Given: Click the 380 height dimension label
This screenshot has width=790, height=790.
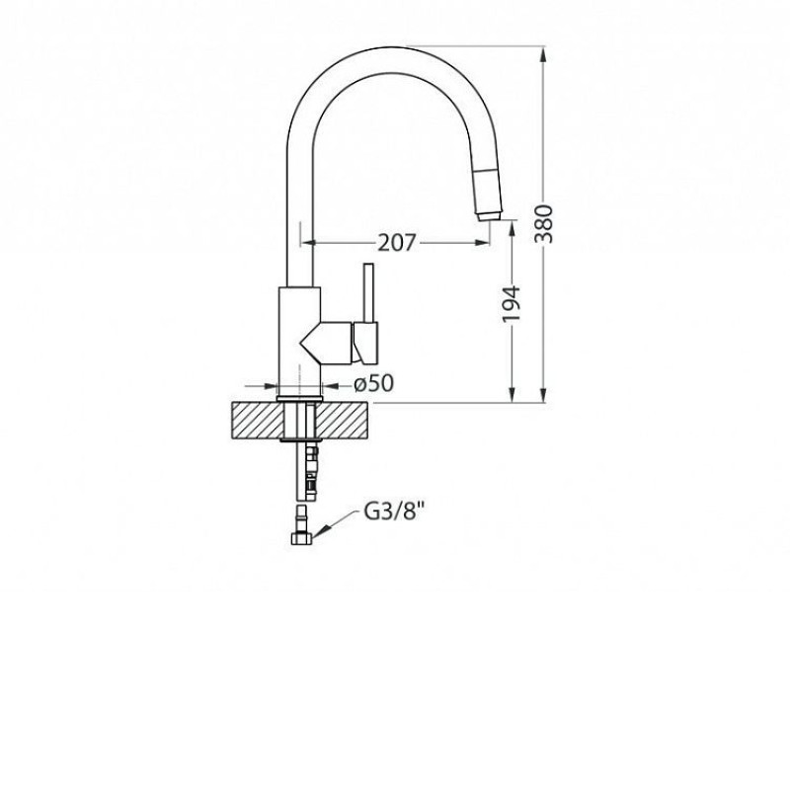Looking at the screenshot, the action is coord(544,224).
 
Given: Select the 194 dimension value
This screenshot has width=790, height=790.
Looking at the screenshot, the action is coord(512,304).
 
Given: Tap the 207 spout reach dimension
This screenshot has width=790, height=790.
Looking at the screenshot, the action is coord(398,243).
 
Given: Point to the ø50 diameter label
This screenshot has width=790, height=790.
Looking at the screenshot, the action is coord(374,384).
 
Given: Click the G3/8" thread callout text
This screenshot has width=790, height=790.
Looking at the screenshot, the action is coord(391,513).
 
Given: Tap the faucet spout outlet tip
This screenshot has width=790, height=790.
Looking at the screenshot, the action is coord(489,216).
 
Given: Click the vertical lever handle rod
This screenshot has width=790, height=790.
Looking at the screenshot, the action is coord(368,292).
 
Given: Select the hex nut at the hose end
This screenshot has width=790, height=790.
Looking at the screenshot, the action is coord(302,538).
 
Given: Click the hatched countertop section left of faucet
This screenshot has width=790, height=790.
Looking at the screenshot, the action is coord(258,421).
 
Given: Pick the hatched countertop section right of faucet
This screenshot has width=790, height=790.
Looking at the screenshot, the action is coord(342,421).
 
